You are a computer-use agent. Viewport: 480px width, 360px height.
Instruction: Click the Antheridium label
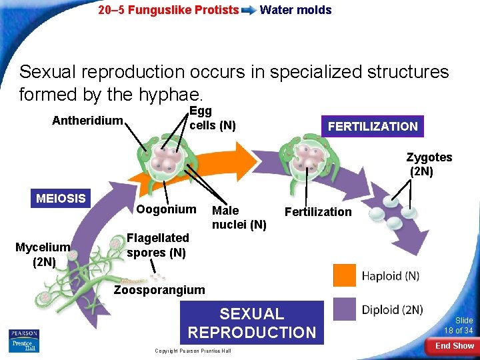coord(88,121)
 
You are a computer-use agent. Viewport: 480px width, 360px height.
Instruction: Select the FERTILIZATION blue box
coord(372,126)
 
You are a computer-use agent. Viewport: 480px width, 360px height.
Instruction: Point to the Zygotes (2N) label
coord(429,164)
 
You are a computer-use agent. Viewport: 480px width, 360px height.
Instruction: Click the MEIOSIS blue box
coord(61,198)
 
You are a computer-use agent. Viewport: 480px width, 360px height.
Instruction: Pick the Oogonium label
coord(166,209)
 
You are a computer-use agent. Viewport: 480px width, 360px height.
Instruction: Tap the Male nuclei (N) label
coord(239,217)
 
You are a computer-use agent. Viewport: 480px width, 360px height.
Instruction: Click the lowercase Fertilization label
coord(317,212)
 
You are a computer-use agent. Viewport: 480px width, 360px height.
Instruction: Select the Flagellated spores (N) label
coord(157,245)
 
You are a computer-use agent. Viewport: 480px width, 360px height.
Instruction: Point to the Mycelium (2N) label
coord(43,255)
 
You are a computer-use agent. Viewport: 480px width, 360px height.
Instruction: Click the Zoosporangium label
coord(159,289)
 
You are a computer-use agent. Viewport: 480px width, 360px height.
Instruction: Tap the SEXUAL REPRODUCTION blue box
coord(252,323)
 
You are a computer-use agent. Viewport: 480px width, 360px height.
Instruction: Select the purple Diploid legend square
coord(345,309)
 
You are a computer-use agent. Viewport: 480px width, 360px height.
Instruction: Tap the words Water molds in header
coord(295,9)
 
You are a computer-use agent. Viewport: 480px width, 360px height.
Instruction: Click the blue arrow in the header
coord(249,10)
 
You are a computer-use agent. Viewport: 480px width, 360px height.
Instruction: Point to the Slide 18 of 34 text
coord(459,326)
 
